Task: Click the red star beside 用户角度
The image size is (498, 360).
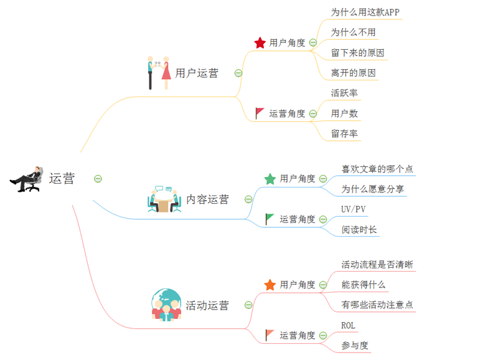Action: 260,42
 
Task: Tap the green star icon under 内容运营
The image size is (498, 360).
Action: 270,179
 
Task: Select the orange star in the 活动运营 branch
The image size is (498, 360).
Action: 270,285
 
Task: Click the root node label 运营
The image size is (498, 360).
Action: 62,179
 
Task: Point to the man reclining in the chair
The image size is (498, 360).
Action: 26,179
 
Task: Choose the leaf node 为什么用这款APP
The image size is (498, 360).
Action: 365,12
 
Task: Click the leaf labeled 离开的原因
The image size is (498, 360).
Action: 353,73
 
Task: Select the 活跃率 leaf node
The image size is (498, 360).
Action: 344,93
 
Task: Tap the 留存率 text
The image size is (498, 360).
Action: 344,133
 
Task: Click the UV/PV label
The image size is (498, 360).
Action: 354,209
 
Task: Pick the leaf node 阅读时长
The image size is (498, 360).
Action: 359,230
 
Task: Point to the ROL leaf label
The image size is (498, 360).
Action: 349,325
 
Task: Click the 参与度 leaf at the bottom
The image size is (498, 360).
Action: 355,345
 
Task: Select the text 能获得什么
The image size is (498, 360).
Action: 364,285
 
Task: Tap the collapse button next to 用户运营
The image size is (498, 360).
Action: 238,73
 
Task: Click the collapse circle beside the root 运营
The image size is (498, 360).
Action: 98,179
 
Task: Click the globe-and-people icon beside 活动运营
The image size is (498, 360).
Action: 166,305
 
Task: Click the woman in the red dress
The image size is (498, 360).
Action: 166,73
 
